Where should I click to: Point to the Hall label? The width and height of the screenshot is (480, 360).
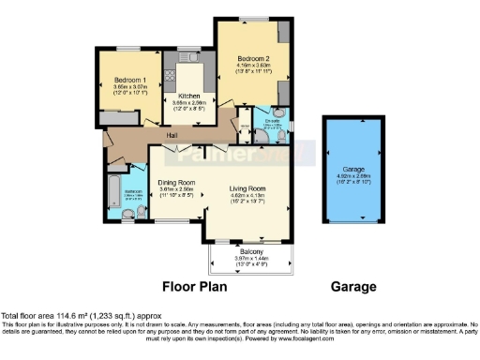pyautogui.click(x=173, y=136)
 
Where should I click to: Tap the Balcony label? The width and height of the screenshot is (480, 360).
pyautogui.click(x=248, y=252)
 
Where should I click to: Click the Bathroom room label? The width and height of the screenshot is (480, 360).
pyautogui.click(x=134, y=193)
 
